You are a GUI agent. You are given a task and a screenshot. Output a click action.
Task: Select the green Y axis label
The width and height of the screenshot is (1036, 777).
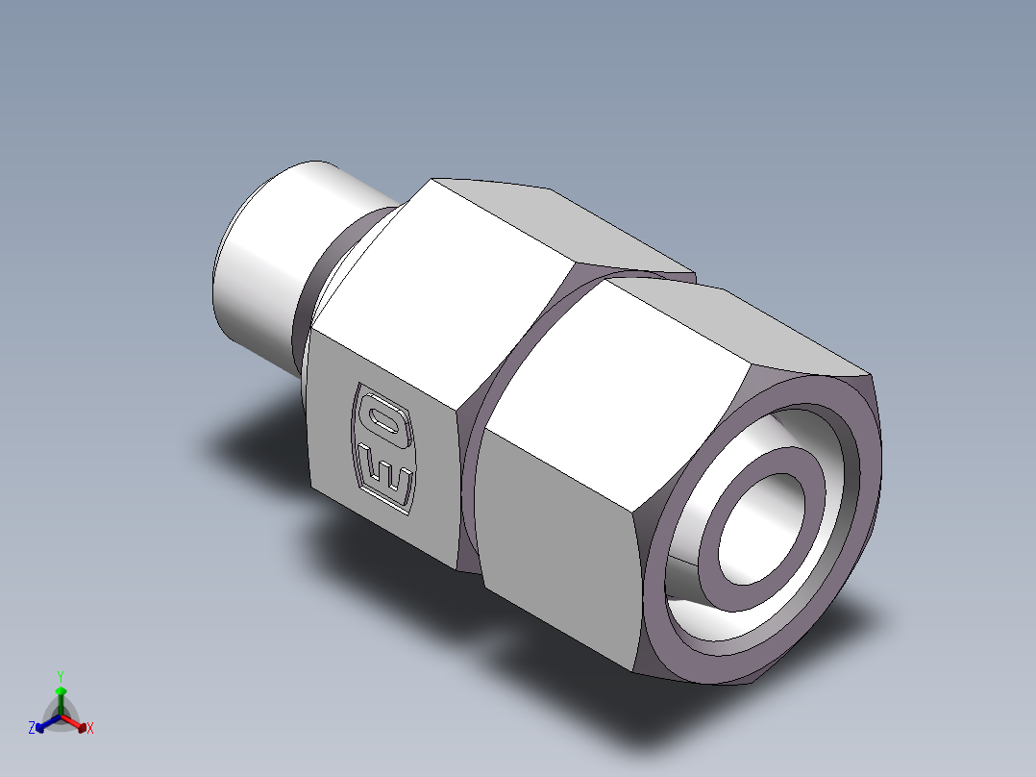click(x=61, y=676)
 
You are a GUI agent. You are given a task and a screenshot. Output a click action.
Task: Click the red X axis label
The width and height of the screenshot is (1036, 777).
click(x=90, y=728)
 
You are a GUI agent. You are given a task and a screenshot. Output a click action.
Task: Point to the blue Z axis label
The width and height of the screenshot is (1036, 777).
click(x=31, y=727)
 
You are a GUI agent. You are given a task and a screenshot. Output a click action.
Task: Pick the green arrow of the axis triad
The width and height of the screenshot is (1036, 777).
click(x=61, y=700)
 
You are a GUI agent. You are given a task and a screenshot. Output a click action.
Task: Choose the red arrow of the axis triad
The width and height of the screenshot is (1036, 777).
click(x=74, y=723)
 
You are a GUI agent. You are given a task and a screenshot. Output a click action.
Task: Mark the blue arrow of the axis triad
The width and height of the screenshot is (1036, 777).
click(x=48, y=723)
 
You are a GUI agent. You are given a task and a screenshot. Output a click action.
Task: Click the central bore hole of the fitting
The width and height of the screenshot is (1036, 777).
click(x=761, y=529)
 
